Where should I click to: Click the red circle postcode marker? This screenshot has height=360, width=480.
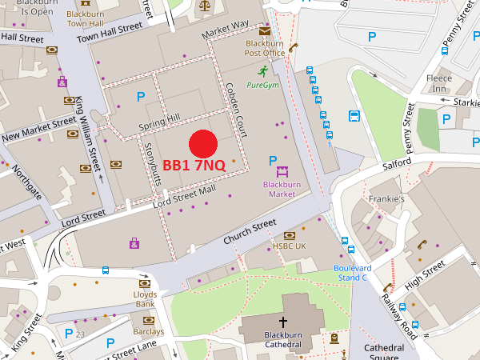(203, 143)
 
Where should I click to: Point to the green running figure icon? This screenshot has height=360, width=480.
(262, 70)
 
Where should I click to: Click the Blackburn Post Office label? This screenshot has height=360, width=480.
(265, 48)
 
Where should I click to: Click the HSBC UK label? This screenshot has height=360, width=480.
(290, 246)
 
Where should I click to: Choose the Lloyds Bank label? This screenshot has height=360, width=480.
(145, 299)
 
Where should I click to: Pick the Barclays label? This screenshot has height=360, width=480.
(149, 331)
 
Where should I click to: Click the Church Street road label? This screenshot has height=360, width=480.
(249, 232)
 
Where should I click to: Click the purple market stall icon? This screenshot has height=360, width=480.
(282, 171)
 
